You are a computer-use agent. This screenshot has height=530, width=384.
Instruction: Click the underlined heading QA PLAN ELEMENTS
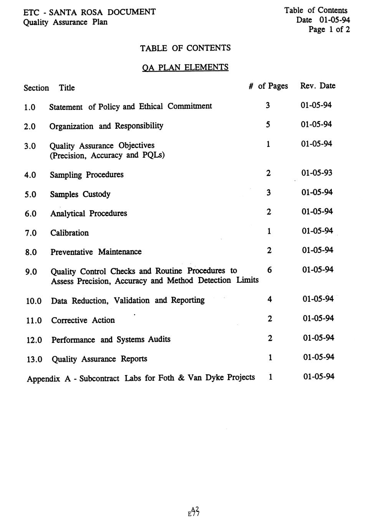click(185, 67)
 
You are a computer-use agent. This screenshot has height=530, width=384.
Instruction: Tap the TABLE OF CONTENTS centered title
click(185, 48)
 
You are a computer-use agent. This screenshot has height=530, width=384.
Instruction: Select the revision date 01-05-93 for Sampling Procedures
click(317, 173)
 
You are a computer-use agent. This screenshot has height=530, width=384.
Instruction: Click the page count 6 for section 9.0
click(270, 270)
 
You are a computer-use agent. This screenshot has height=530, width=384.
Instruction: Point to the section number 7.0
click(31, 233)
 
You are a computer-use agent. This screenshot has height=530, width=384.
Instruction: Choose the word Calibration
click(70, 233)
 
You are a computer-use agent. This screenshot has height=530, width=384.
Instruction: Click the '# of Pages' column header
click(268, 86)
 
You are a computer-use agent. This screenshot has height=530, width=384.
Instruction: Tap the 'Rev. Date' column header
click(318, 86)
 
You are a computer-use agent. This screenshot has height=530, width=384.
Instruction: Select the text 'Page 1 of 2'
click(329, 30)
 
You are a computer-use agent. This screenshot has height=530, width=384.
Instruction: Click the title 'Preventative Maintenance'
click(96, 252)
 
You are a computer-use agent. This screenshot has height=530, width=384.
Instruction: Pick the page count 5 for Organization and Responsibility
click(268, 125)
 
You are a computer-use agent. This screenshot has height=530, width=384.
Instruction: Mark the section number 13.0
click(34, 360)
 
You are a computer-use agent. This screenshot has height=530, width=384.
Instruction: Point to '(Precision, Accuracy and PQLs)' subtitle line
click(107, 156)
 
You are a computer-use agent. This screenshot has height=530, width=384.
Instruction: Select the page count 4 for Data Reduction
click(270, 299)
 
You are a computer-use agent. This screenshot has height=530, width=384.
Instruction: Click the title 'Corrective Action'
click(83, 320)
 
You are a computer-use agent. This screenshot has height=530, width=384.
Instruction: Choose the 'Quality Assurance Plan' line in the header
click(65, 22)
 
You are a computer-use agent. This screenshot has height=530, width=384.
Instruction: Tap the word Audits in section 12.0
click(159, 339)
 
